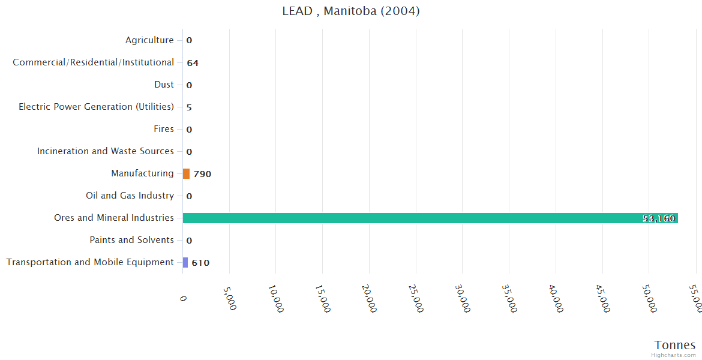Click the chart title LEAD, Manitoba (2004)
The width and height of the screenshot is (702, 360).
click(x=351, y=11)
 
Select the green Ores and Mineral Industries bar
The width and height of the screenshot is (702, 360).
click(x=430, y=218)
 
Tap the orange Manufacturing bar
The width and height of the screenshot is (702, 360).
click(x=186, y=174)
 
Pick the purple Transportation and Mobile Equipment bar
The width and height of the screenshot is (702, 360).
click(x=185, y=263)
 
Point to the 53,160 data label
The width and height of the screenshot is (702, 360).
click(x=659, y=218)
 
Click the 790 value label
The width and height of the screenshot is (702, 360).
click(x=202, y=174)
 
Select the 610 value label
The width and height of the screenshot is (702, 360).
click(x=200, y=263)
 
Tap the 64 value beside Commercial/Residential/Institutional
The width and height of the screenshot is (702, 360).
click(x=193, y=63)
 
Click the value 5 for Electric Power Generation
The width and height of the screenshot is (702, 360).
click(x=189, y=107)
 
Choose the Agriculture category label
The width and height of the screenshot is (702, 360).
click(x=149, y=40)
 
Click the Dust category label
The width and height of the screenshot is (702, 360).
click(x=164, y=85)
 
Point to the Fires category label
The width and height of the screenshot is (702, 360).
click(x=164, y=129)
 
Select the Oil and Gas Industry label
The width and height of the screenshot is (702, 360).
click(x=130, y=196)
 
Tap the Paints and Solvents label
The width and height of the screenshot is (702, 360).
click(x=131, y=240)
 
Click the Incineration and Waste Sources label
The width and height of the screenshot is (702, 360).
click(x=106, y=151)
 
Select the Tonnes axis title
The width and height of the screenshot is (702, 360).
click(x=675, y=345)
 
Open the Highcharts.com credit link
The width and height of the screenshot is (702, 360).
click(x=674, y=355)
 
